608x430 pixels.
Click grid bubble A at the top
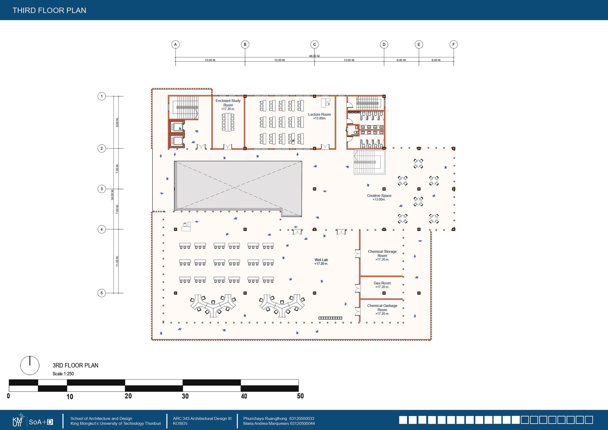tap(175, 44)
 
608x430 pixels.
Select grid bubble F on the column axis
tap(453, 44)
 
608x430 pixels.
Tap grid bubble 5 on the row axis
tap(102, 293)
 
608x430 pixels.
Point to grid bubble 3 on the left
tap(102, 189)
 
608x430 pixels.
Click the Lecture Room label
tap(319, 115)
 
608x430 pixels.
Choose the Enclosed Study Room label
tap(228, 103)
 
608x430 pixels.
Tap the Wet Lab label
tap(321, 260)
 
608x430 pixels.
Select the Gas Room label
tap(382, 283)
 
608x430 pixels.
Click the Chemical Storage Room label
tap(382, 254)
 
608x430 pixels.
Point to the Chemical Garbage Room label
tap(382, 308)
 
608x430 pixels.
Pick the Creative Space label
tap(379, 196)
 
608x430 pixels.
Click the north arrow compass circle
tap(30, 365)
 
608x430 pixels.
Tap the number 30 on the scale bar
tap(185, 396)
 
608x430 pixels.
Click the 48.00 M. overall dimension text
tap(314, 56)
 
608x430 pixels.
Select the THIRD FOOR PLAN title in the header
tap(49, 10)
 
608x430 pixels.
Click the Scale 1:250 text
tap(63, 374)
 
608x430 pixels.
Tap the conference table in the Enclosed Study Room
tap(228, 122)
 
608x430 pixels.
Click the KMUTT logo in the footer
tap(17, 421)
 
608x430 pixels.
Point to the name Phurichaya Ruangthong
tap(265, 419)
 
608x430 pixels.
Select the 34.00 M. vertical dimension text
tap(112, 195)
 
